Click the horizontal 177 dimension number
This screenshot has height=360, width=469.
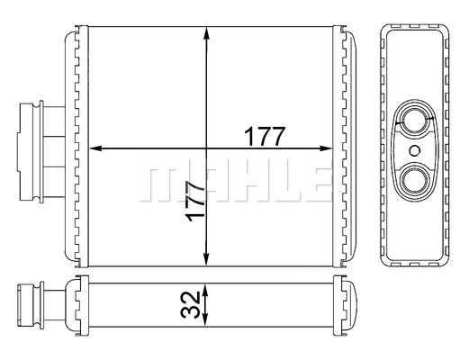[264, 136]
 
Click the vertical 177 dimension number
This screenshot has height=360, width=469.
[195, 201]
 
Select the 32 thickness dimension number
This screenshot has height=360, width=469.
[190, 305]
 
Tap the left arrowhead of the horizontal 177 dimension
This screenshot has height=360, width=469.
[96, 148]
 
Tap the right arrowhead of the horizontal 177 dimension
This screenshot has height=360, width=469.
[326, 148]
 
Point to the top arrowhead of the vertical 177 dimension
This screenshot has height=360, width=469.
[206, 33]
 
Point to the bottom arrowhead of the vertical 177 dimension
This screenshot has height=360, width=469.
[206, 259]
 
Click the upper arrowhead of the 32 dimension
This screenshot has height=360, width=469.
[205, 290]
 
